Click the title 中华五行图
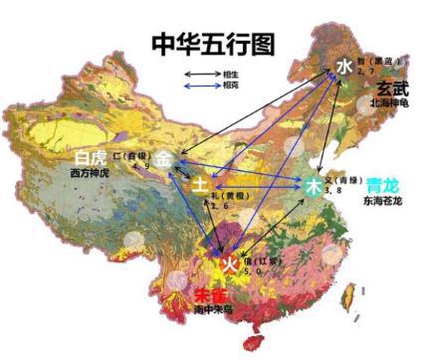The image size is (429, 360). (213, 43)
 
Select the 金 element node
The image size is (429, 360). (163, 158)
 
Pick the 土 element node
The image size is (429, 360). (200, 185)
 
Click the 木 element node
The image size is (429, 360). (315, 186)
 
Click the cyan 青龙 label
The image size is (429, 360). (381, 184)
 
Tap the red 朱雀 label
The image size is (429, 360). (209, 295)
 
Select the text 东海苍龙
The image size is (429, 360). (383, 201)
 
